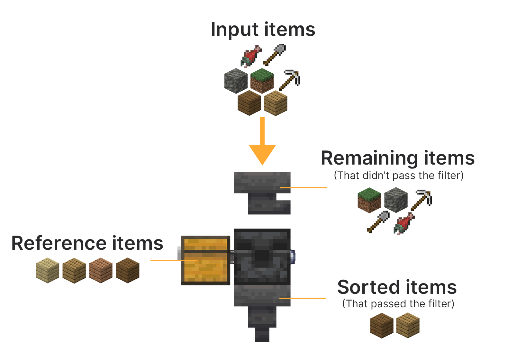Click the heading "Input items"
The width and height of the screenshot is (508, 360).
tap(263, 30)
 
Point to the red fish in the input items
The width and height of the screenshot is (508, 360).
tap(251, 57)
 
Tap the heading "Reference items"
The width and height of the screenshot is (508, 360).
tap(87, 243)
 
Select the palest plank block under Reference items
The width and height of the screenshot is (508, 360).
tap(48, 270)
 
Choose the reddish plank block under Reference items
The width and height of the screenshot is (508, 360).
tap(101, 270)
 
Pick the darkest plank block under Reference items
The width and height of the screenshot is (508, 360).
tap(128, 270)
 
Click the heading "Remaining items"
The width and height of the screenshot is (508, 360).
tap(398, 158)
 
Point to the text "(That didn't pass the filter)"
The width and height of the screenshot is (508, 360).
tap(399, 175)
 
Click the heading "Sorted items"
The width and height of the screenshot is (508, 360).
tap(397, 287)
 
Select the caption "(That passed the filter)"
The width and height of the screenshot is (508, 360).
tap(398, 304)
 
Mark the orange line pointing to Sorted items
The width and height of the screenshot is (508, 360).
tap(303, 298)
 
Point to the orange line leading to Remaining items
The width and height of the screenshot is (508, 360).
tap(303, 188)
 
